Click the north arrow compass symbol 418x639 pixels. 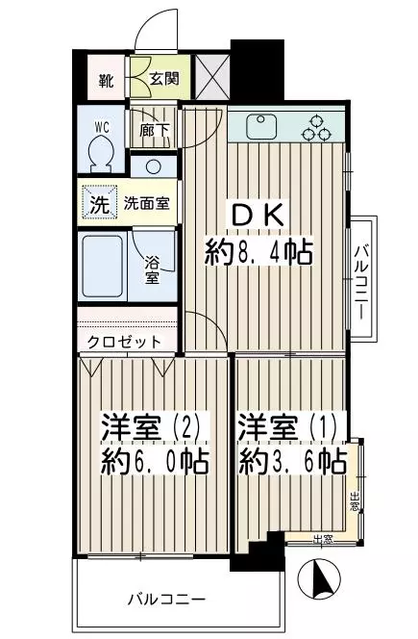[319, 577]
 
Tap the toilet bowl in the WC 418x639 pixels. [101, 152]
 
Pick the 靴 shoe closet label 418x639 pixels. [106, 81]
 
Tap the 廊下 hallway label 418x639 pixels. [154, 130]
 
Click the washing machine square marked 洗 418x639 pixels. [100, 203]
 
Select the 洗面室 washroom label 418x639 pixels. [146, 203]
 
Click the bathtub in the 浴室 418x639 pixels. [103, 267]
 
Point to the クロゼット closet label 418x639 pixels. [125, 342]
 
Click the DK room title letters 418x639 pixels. [258, 216]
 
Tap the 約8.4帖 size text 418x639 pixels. [258, 252]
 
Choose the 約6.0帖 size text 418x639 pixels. [155, 461]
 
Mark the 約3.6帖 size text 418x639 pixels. [293, 461]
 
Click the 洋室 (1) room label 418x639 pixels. [287, 426]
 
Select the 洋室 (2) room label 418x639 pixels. [151, 426]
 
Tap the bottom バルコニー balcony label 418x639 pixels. [166, 600]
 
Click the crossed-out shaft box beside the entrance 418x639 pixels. [210, 76]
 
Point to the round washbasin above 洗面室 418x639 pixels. [154, 166]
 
